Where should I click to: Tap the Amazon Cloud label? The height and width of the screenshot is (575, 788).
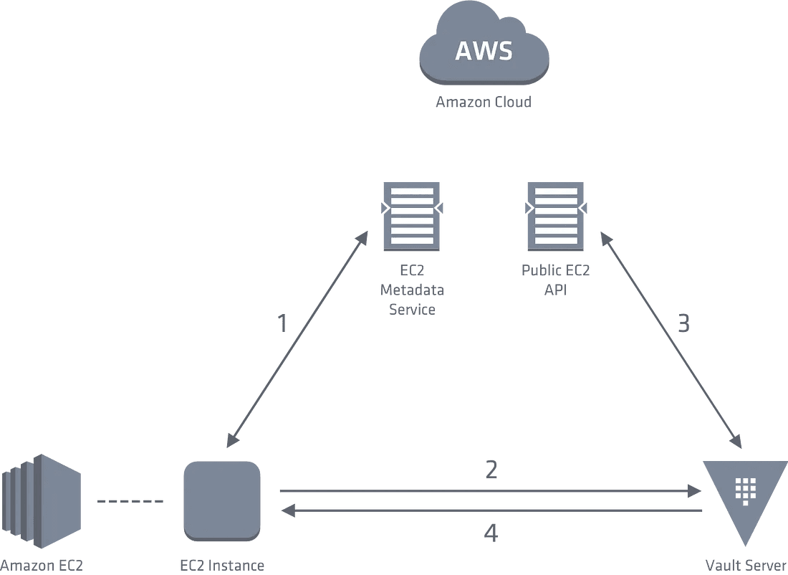coord(484,102)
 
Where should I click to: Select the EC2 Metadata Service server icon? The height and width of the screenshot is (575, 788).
coord(412,217)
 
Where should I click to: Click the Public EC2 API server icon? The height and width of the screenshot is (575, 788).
coord(555,217)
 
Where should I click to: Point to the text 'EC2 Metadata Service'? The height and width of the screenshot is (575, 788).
coord(412,290)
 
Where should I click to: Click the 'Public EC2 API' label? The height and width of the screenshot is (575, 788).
coord(555,280)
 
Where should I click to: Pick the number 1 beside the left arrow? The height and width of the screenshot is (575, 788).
coord(282,323)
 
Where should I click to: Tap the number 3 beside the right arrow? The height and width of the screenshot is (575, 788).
coord(683,323)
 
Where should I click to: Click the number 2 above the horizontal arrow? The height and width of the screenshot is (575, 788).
coord(491,469)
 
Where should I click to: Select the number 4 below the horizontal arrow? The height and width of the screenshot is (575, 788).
coord(491,533)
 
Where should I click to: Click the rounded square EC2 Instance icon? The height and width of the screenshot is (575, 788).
coord(222,501)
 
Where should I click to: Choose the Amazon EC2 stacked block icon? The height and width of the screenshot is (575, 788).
coord(42,502)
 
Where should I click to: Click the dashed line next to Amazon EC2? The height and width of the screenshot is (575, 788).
coord(130,501)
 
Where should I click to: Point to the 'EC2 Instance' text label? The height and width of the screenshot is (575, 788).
coord(222,566)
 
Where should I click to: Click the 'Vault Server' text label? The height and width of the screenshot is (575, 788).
coord(746,566)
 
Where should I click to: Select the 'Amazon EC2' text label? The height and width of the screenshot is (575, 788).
coord(42,566)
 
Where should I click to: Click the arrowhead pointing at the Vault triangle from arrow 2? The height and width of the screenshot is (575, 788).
coord(695,490)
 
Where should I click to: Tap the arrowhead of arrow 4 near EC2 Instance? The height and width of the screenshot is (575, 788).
coord(288,511)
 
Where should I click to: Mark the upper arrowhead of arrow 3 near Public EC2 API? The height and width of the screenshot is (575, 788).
coord(607,239)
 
